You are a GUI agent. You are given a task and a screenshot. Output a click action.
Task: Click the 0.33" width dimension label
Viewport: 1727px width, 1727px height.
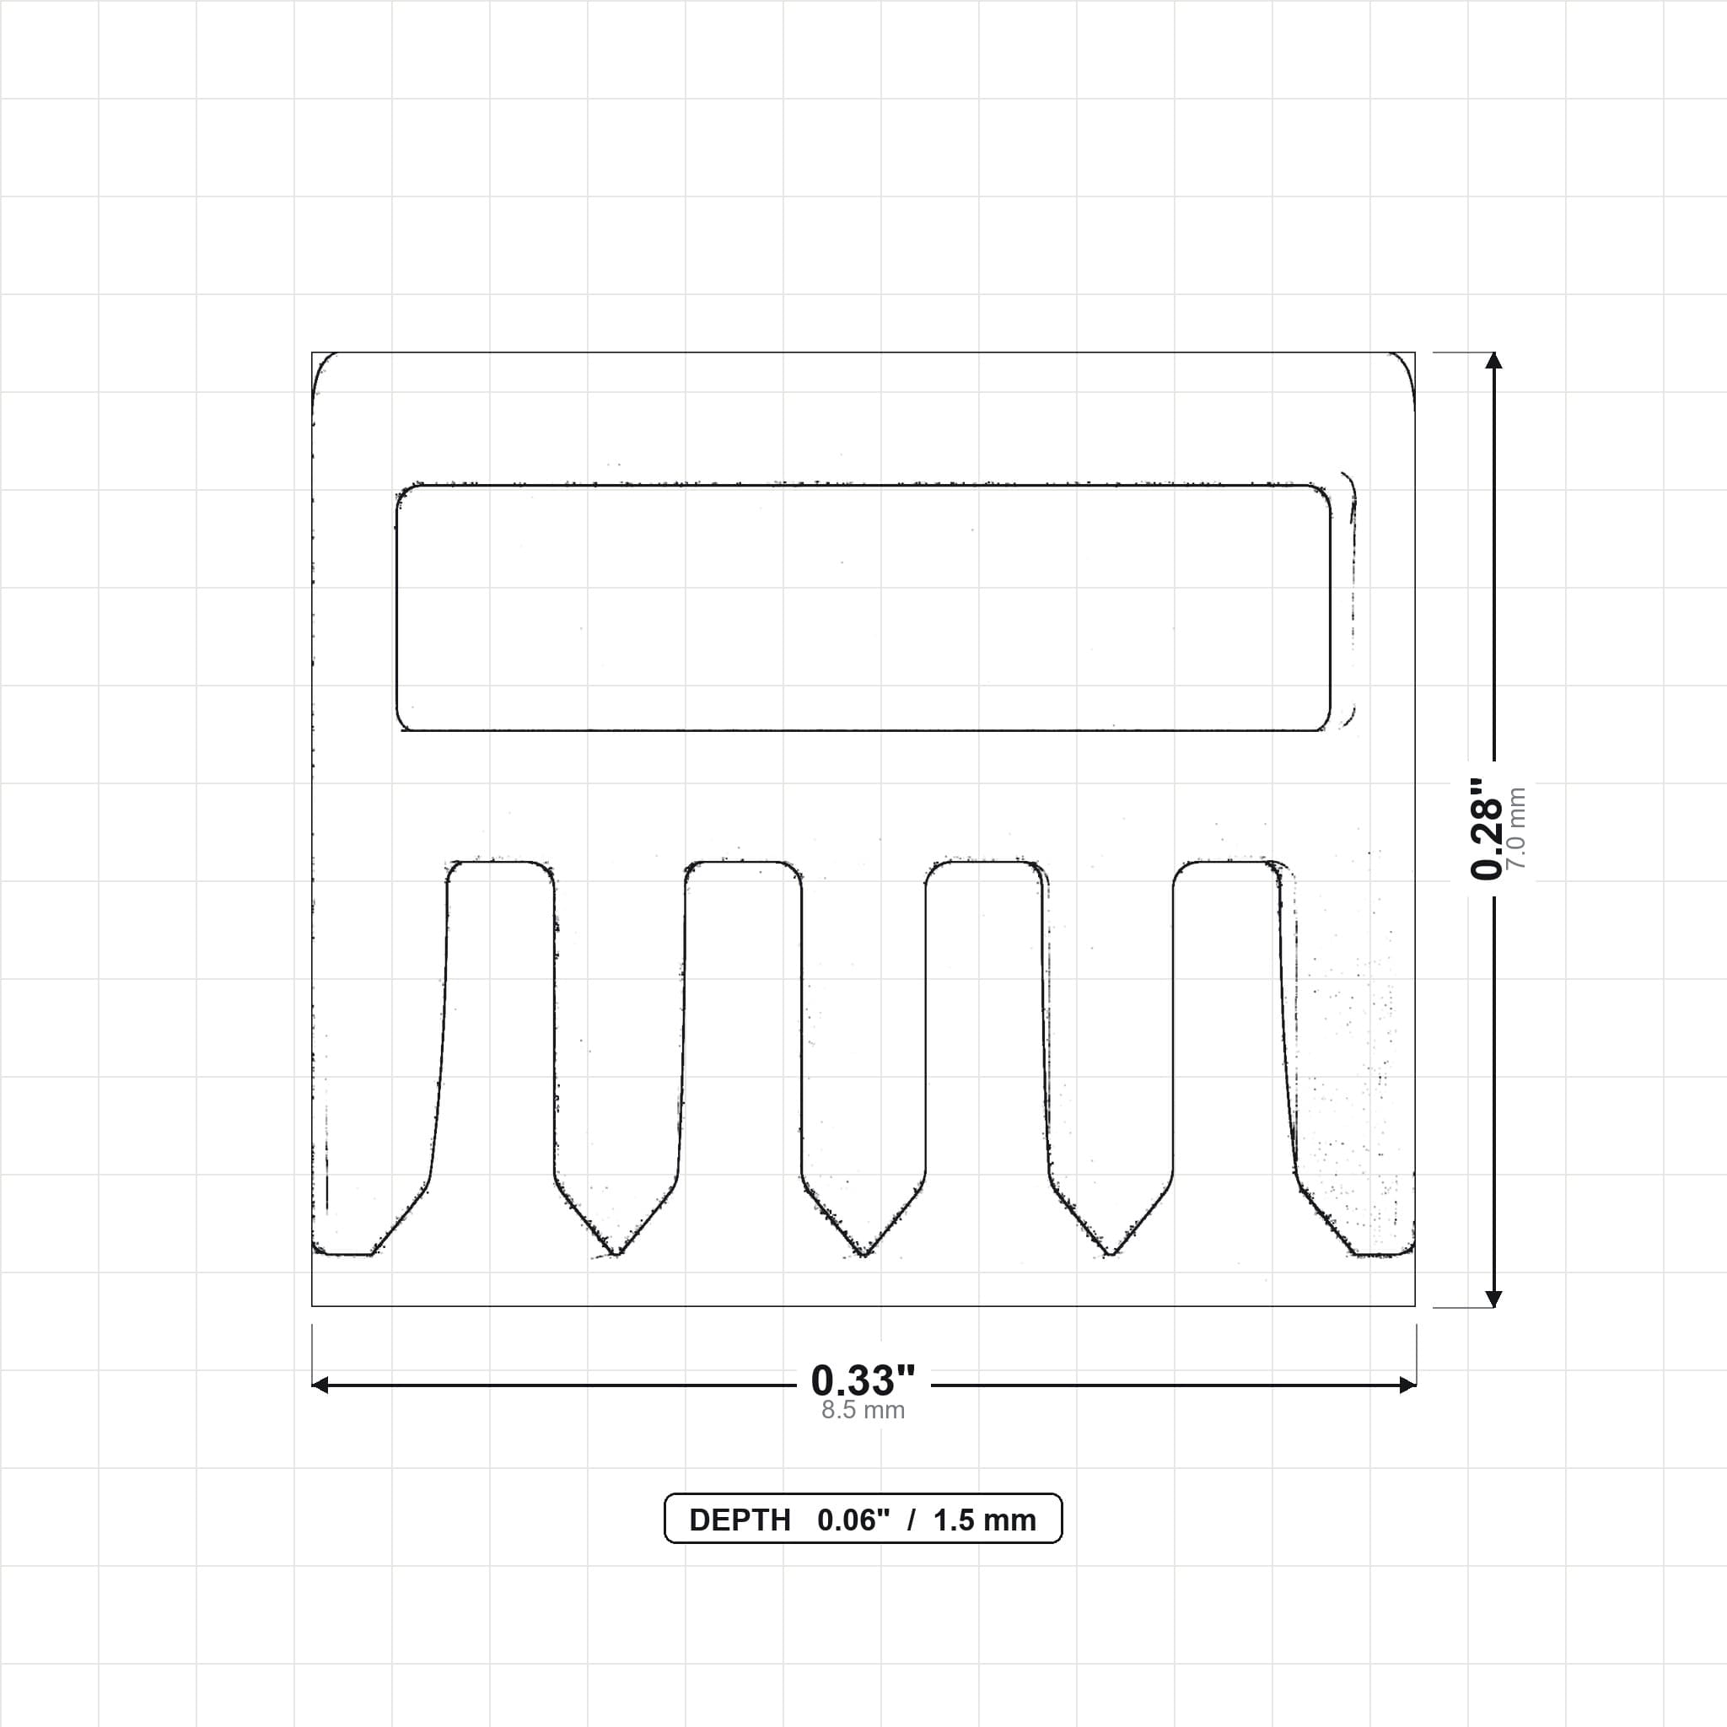[863, 1380]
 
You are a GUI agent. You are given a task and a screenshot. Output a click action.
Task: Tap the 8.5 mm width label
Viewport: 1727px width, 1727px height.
[863, 1411]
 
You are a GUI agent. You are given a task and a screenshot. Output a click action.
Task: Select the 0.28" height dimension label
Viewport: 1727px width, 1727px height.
[1487, 829]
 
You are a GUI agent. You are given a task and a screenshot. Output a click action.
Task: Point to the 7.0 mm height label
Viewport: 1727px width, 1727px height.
[1516, 829]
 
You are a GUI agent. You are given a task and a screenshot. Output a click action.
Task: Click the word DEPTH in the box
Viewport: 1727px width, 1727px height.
[740, 1520]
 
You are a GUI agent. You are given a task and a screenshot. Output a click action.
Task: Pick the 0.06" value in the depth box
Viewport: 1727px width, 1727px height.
[853, 1520]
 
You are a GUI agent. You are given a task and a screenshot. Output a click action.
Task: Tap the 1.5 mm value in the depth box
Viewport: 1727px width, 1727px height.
[984, 1520]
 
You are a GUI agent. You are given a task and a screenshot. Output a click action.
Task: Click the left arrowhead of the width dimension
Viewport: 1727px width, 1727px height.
[320, 1385]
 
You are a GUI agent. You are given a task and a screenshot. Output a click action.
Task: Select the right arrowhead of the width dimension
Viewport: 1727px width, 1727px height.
[1407, 1385]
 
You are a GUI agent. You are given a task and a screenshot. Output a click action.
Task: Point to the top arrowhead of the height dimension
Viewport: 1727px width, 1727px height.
[1493, 360]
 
